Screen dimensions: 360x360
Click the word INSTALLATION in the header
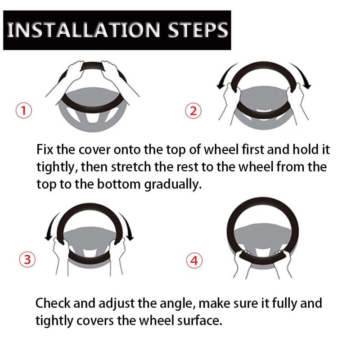[x=84, y=30]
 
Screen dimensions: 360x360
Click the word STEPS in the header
[x=198, y=30]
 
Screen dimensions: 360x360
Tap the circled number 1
[x=24, y=110]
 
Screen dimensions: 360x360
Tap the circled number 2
[x=193, y=111]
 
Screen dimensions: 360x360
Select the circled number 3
[x=27, y=259]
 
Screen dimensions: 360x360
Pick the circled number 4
[x=194, y=261]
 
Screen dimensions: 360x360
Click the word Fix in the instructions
[x=45, y=149]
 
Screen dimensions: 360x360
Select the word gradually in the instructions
[x=173, y=185]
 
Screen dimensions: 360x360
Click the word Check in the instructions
[x=53, y=303]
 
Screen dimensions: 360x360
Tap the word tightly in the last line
[x=54, y=321]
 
